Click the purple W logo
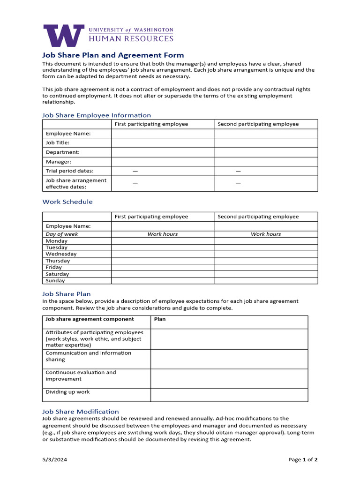pyautogui.click(x=64, y=36)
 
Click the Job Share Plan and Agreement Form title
pyautogui.click(x=113, y=55)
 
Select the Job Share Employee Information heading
pyautogui.click(x=97, y=115)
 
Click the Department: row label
pyautogui.click(x=63, y=152)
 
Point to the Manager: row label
pyautogui.click(x=59, y=162)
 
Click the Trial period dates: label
pyautogui.click(x=69, y=171)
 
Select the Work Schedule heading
pyautogui.click(x=67, y=202)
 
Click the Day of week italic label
pyautogui.click(x=62, y=234)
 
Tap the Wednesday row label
pyautogui.click(x=61, y=254)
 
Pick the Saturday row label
pyautogui.click(x=57, y=274)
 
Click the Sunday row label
pyautogui.click(x=55, y=281)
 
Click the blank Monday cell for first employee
pyautogui.click(x=163, y=241)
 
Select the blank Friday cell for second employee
pyautogui.click(x=266, y=267)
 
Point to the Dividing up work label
pyautogui.click(x=67, y=392)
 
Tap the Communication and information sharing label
pyautogui.click(x=88, y=356)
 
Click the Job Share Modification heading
pyautogui.click(x=81, y=412)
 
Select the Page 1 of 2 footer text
pyautogui.click(x=303, y=460)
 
